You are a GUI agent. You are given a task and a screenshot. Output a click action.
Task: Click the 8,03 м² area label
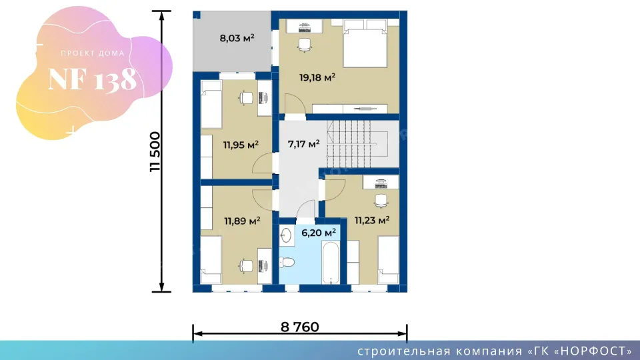pos(237,39)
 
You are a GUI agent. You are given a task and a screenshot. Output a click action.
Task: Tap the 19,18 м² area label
pos(317,77)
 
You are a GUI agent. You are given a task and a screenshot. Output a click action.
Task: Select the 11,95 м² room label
pos(241,145)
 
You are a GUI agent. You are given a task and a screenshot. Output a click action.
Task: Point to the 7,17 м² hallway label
pos(303,144)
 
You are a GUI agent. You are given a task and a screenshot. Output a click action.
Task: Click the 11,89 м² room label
pos(242,221)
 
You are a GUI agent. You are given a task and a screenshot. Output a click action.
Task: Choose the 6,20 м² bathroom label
pos(319,233)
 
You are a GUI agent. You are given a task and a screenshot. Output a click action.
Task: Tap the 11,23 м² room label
pos(372,221)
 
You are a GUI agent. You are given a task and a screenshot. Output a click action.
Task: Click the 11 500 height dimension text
pos(155,151)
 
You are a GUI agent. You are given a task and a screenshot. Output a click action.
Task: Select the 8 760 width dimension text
pos(300,327)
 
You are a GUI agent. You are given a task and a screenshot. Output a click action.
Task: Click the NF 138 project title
pos(92,79)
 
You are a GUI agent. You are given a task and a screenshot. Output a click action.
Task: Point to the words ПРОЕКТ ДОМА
pos(93,53)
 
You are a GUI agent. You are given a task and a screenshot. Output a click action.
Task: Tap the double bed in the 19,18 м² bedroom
pos(365,43)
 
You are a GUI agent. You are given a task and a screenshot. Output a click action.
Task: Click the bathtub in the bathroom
pos(331,263)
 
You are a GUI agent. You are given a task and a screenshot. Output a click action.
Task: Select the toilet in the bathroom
pos(287,261)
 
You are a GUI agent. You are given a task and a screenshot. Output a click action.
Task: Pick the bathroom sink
pos(287,235)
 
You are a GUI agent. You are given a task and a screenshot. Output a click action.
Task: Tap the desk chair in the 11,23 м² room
pos(381,201)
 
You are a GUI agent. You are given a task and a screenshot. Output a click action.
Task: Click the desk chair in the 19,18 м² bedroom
pos(305,45)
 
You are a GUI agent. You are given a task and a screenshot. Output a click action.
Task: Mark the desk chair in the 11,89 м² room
pos(246,266)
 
